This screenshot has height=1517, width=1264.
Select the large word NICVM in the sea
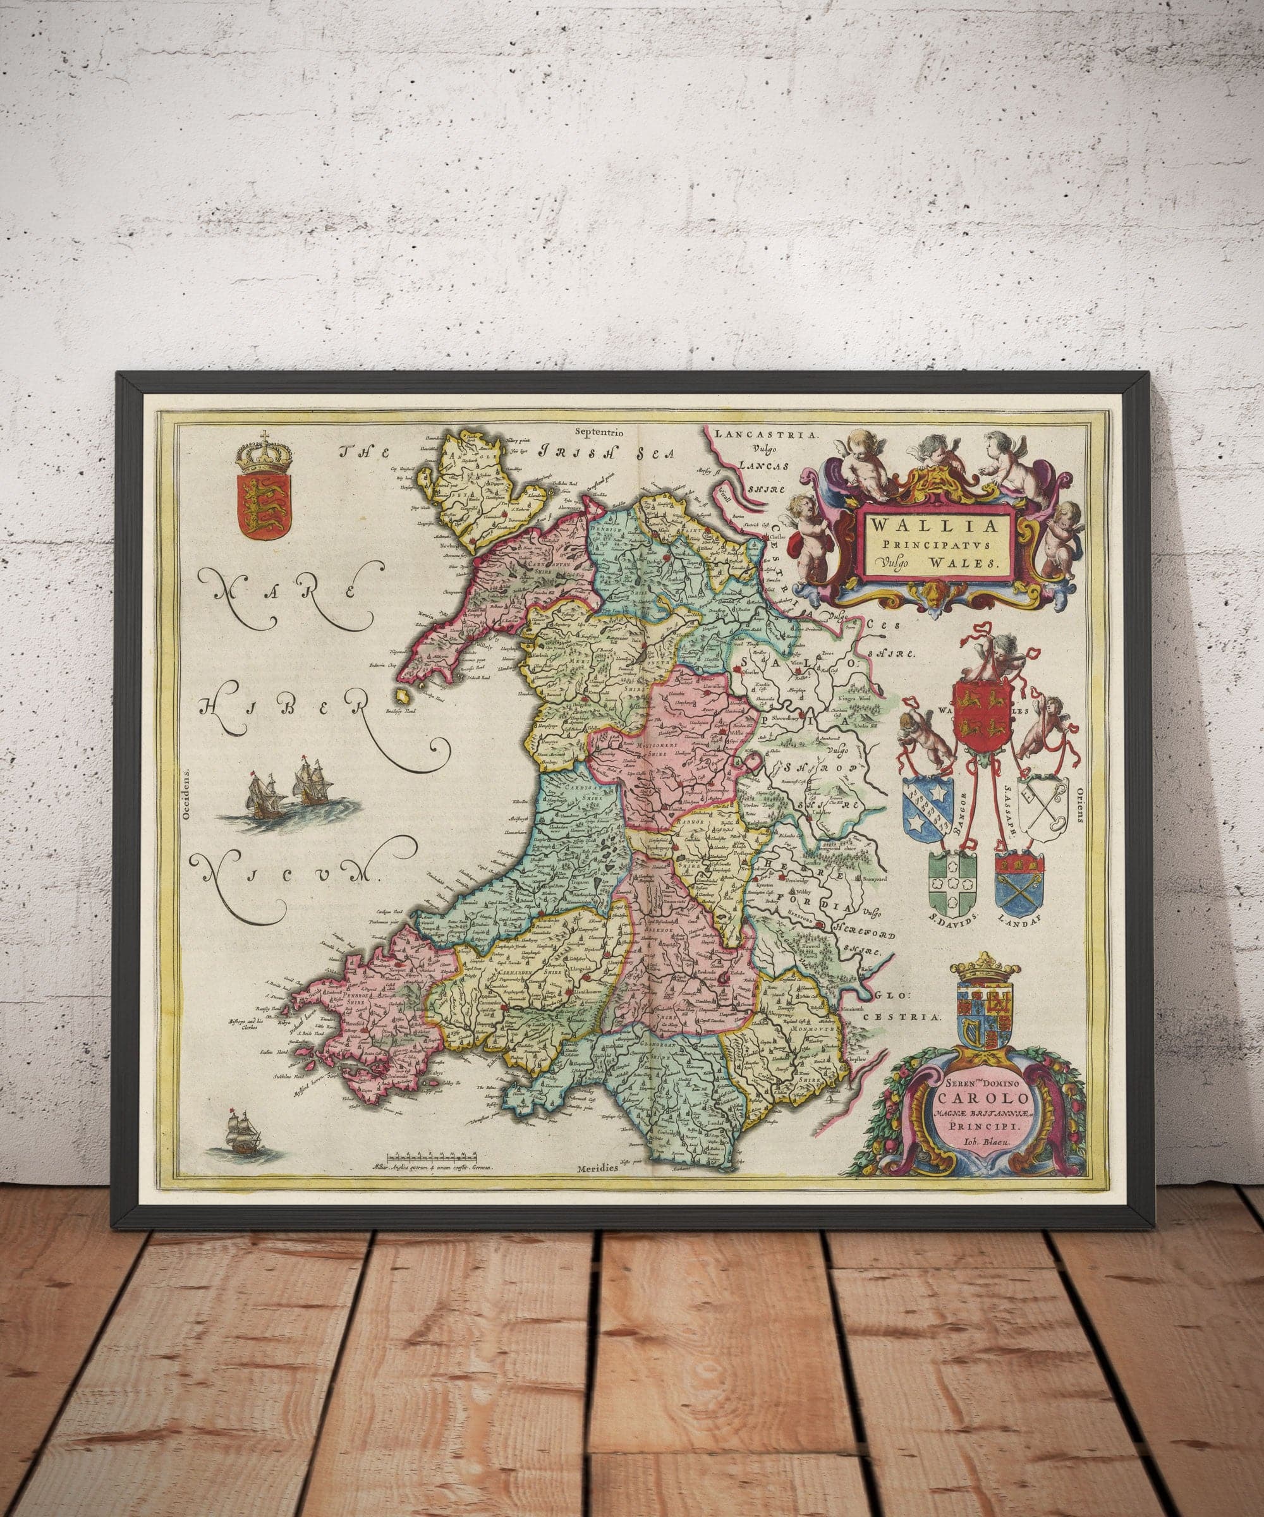point(289,876)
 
